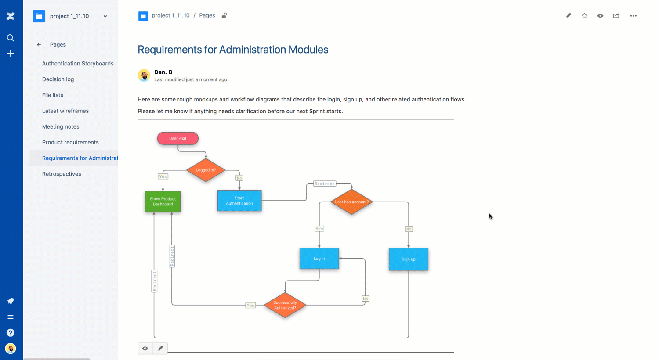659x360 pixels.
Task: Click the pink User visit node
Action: (x=177, y=138)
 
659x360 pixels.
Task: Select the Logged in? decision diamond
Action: (x=206, y=170)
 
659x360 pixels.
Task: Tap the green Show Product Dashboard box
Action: (x=163, y=202)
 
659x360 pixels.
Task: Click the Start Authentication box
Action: (x=239, y=201)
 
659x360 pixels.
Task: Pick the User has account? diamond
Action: (x=351, y=202)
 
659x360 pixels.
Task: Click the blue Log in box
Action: (x=319, y=259)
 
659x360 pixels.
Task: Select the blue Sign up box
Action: (x=408, y=259)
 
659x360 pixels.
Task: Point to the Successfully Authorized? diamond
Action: (x=285, y=305)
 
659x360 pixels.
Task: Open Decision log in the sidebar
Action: (x=58, y=79)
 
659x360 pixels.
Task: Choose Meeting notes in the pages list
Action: (x=61, y=126)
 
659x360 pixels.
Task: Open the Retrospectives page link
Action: (x=62, y=174)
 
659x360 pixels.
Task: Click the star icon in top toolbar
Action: (x=584, y=16)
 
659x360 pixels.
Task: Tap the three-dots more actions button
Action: (x=633, y=16)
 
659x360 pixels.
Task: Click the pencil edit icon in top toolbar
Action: (x=568, y=16)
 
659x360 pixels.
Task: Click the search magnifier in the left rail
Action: (x=11, y=38)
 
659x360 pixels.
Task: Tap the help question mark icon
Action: (x=11, y=333)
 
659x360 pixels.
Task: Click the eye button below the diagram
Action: (x=145, y=349)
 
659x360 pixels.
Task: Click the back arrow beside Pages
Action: (x=39, y=45)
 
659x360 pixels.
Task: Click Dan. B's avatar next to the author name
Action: (x=144, y=76)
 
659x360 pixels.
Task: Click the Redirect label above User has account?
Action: (x=325, y=184)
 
